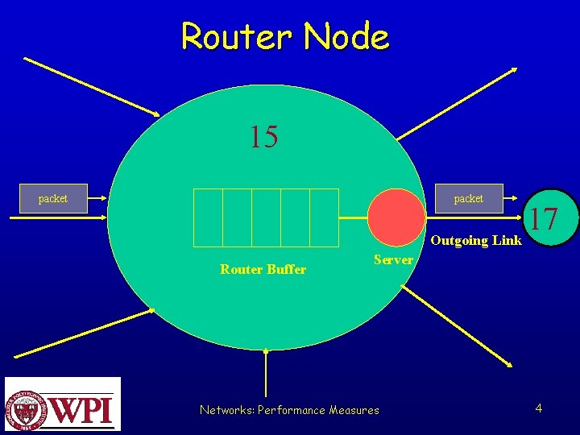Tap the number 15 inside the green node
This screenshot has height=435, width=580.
tap(263, 137)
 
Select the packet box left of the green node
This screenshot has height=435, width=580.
tap(53, 198)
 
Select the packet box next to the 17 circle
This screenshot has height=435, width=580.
tap(468, 198)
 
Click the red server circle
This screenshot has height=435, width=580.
tap(396, 216)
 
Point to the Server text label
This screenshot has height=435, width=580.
tap(393, 259)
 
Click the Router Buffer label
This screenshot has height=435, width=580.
tap(263, 270)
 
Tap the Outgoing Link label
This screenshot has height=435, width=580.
tap(475, 240)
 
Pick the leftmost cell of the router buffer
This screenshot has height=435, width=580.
tap(209, 217)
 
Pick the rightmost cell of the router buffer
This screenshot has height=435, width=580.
tap(324, 217)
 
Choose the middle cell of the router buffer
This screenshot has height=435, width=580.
tap(266, 217)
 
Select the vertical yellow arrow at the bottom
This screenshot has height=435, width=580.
tap(266, 379)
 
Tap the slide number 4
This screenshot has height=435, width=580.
tap(538, 408)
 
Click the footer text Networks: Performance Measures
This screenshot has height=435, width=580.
tap(289, 410)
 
